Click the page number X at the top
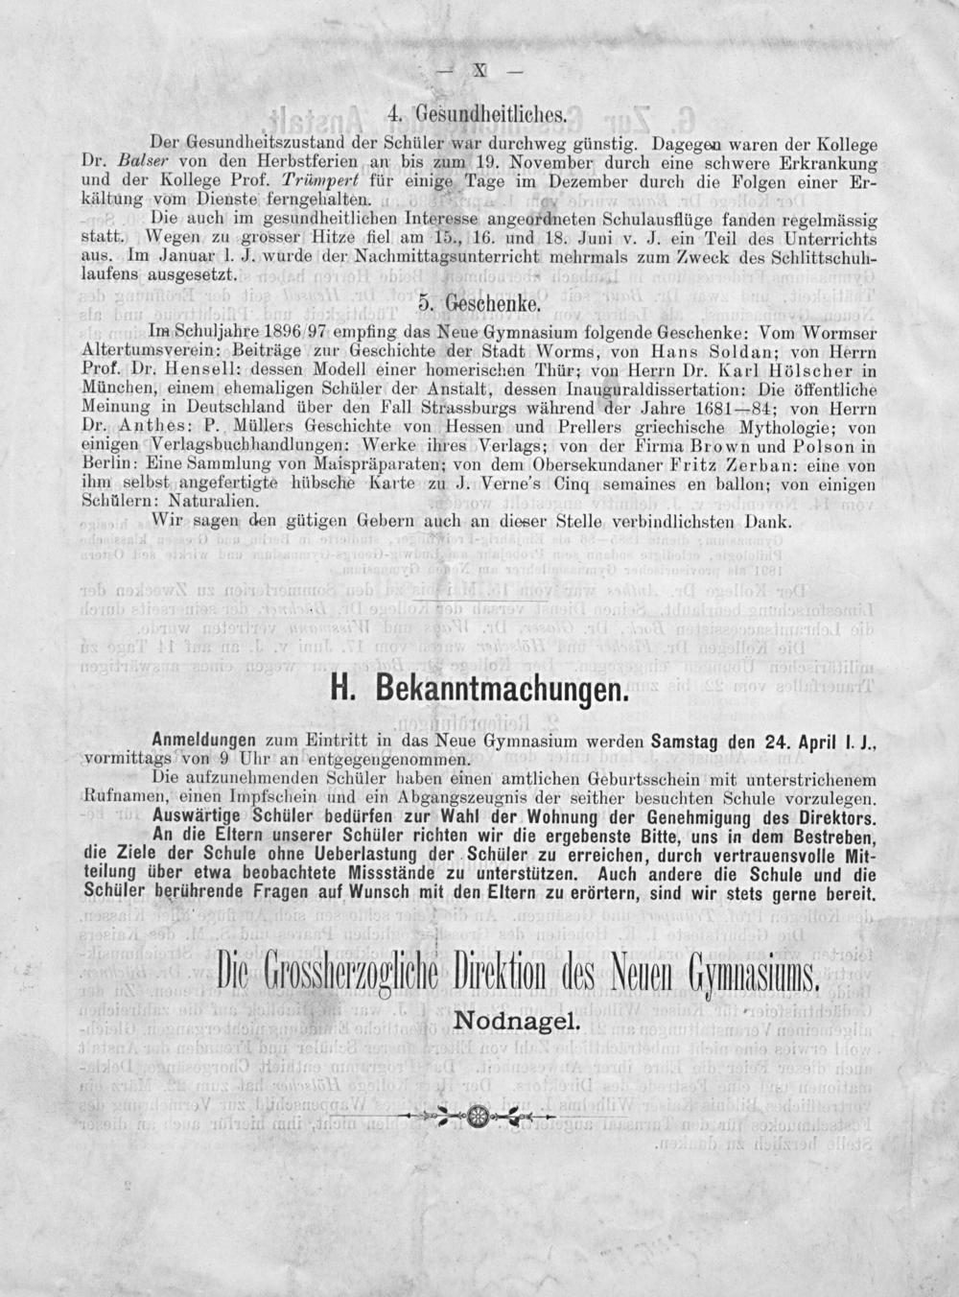point(479,70)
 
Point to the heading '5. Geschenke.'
point(479,306)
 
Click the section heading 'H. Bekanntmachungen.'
point(479,690)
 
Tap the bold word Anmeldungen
point(203,740)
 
